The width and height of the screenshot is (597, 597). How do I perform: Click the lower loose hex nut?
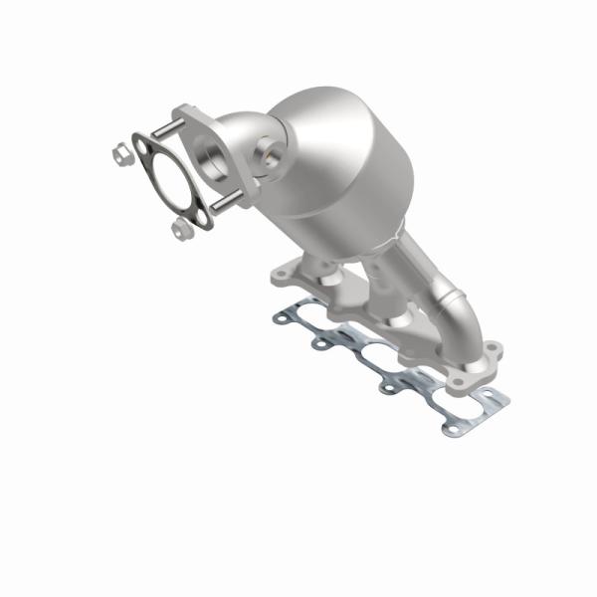click(x=180, y=230)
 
